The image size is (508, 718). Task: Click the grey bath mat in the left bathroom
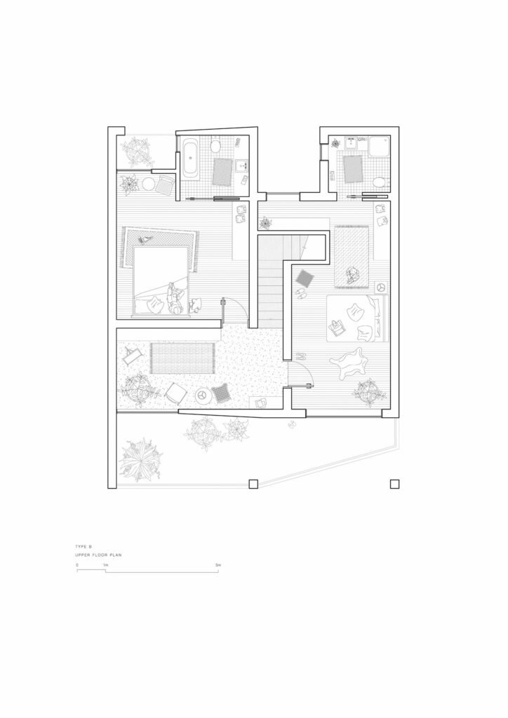tap(222, 172)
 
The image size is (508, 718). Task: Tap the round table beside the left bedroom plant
tap(148, 184)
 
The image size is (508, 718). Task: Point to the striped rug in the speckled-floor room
tap(183, 358)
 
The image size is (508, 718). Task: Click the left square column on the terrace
tap(253, 484)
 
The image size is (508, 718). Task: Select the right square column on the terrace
tap(394, 484)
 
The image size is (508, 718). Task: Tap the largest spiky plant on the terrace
tap(140, 460)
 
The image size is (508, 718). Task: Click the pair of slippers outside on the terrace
tap(292, 425)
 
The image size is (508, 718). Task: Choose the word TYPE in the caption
tap(81, 547)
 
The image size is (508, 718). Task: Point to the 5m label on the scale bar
tap(218, 565)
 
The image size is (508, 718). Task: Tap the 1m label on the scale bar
tap(105, 565)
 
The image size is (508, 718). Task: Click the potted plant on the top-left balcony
tap(136, 151)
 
